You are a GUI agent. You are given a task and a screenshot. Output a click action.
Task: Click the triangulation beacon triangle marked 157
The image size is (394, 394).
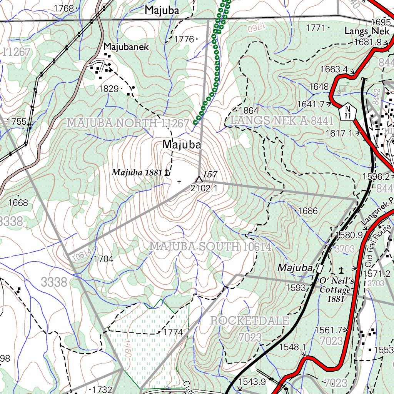click(199, 179)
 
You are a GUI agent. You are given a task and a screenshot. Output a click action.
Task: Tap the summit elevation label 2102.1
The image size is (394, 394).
click(204, 189)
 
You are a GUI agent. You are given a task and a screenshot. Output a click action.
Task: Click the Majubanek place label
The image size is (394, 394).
click(126, 47)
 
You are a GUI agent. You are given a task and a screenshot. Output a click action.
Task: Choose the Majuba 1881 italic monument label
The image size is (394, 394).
click(137, 173)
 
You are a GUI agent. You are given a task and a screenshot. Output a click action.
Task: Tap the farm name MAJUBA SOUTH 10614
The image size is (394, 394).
click(210, 247)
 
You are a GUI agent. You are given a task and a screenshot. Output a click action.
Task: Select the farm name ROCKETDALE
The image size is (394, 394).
click(250, 321)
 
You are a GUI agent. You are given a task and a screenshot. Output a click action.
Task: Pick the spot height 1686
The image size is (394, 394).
click(308, 211)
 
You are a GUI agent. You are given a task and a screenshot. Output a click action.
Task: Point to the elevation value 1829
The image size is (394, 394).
click(109, 89)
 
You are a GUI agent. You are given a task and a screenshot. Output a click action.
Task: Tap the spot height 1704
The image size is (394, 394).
click(104, 259)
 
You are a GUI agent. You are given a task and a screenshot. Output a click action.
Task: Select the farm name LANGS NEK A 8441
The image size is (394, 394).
click(282, 120)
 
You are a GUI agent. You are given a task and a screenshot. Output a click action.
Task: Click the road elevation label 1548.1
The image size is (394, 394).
click(292, 347)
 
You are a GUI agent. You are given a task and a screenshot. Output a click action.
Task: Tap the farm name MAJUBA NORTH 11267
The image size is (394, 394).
click(128, 123)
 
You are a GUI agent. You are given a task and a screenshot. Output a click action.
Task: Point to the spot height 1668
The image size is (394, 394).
click(18, 202)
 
